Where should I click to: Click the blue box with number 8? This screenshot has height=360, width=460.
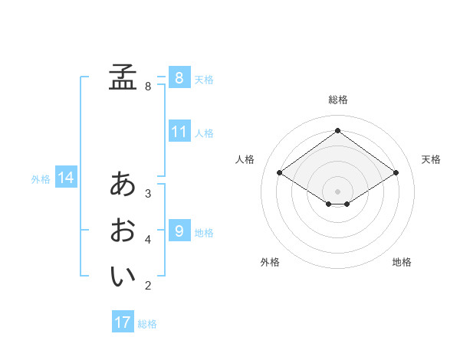tap(179, 78)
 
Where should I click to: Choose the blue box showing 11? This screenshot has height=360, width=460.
tap(179, 132)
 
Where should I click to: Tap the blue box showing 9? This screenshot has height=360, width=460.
tap(179, 231)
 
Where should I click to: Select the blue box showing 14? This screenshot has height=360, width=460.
tap(66, 178)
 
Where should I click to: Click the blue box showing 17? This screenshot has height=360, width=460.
tap(123, 322)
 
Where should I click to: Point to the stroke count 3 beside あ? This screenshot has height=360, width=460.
tap(148, 194)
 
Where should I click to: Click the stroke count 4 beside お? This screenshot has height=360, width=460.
tap(148, 240)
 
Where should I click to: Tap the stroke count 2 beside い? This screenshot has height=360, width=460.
tap(148, 286)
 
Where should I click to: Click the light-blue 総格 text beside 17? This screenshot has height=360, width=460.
tap(147, 324)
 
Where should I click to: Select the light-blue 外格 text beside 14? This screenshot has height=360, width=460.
tap(41, 179)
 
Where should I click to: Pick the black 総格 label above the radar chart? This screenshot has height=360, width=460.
tap(337, 100)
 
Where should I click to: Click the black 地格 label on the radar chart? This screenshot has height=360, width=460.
tap(402, 263)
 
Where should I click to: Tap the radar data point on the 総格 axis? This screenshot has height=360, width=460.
tap(337, 131)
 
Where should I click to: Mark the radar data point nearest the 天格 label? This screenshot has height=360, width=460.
tap(396, 173)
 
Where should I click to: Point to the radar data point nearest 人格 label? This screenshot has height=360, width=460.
tap(279, 173)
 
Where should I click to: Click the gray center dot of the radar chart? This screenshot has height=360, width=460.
tap(337, 190)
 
